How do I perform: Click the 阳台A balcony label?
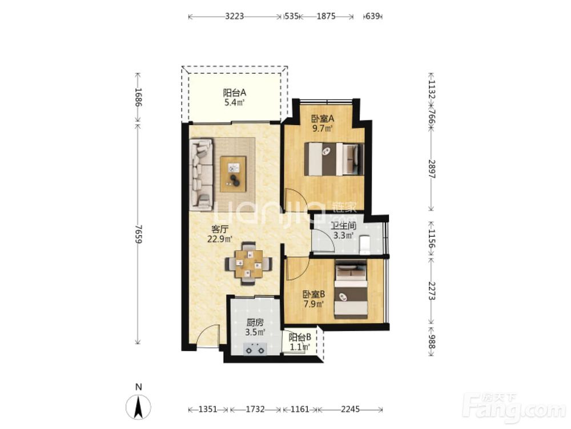point(235,93)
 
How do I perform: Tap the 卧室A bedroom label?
point(323,118)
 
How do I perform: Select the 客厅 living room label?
point(220,229)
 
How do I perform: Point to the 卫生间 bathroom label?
point(343,226)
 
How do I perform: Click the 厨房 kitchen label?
point(255,323)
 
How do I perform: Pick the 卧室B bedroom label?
point(314,294)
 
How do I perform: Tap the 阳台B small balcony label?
point(300,337)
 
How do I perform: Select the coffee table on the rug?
point(233,174)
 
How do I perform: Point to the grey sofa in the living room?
point(200,174)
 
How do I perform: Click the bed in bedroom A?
point(334,159)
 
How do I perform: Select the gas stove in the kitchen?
point(255,349)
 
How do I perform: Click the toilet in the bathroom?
point(364,244)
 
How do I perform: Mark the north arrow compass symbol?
point(138,406)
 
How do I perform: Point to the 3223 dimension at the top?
point(234,17)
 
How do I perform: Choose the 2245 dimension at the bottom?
point(351,410)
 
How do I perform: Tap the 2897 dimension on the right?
point(432,169)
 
